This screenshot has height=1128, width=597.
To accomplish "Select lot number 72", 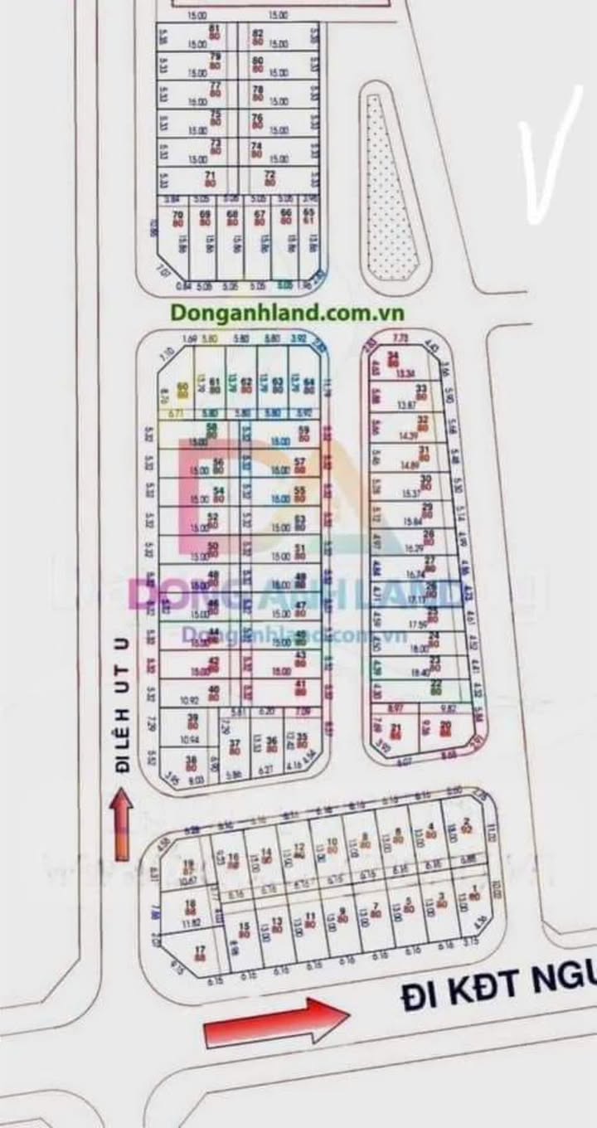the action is click(269, 177).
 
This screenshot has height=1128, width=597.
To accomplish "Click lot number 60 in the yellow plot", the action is click(182, 387).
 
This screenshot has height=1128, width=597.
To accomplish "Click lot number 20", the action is click(446, 729).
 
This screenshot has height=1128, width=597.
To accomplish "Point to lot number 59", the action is click(303, 432).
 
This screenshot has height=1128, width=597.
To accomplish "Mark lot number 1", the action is click(473, 893).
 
